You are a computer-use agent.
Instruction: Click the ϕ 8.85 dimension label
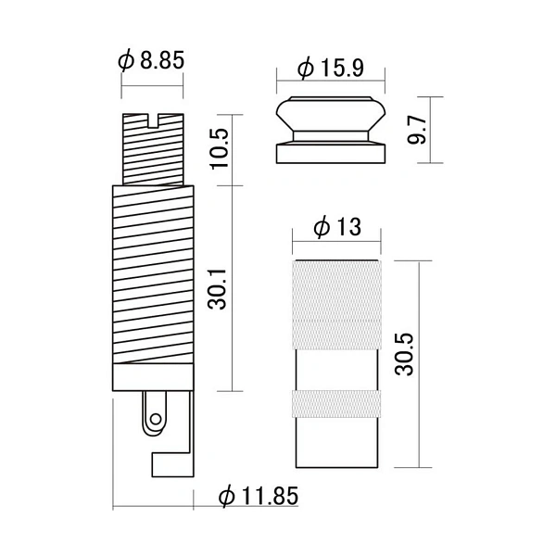pos(151,60)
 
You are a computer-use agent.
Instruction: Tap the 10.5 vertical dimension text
pos(221,148)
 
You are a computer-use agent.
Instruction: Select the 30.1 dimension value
pos(217,289)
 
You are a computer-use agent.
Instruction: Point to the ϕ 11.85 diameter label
pos(259,496)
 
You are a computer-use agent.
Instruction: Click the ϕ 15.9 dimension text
pos(331,68)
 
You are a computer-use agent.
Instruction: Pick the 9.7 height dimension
pos(416,130)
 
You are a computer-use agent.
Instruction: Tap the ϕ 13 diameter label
pos(337,227)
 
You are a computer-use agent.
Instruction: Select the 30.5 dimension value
pos(404,354)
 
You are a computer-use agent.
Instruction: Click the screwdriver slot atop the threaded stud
pos(153,120)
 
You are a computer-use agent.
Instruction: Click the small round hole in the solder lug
pos(156,419)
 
